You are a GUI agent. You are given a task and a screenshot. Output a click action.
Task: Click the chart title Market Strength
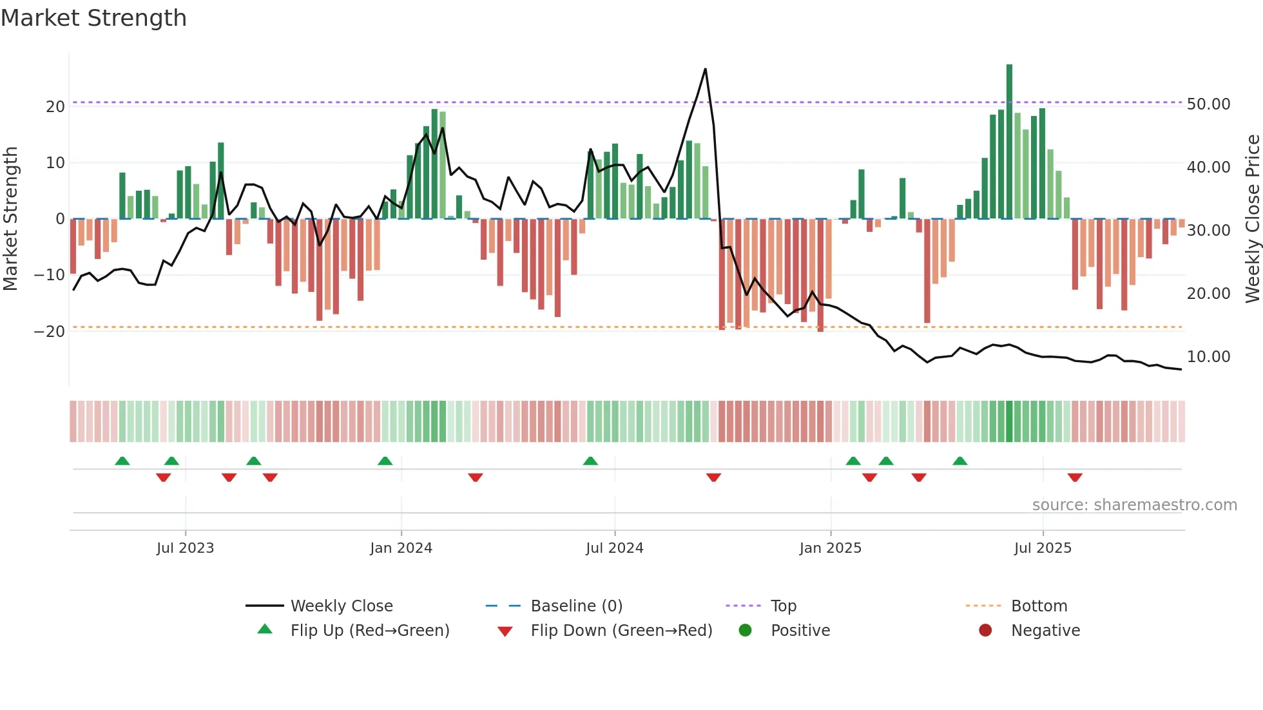coord(93,18)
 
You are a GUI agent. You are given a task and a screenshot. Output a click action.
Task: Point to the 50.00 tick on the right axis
coord(1208,104)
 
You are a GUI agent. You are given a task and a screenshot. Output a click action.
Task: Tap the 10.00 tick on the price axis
coord(1208,357)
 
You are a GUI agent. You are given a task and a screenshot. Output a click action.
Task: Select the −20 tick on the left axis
coord(50,332)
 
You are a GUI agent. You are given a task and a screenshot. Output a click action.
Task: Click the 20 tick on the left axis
coord(55,107)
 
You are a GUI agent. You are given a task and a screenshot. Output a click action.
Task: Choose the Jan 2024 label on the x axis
coord(401,548)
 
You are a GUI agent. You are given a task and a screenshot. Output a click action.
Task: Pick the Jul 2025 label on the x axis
coord(1043,548)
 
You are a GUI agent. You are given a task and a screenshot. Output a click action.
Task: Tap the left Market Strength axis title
coord(11,219)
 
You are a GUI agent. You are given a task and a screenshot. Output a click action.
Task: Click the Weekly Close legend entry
coord(342,606)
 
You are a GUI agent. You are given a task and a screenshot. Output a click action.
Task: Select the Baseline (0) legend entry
coord(576,606)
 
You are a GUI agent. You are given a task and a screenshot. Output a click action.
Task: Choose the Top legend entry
coord(784,606)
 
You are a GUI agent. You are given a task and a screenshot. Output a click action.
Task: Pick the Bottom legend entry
coord(1039,606)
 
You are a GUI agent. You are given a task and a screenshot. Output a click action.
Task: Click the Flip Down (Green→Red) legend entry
coord(621,631)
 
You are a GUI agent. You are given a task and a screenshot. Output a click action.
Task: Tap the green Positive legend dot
coord(746,631)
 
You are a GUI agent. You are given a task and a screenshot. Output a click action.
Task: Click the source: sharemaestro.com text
coord(1134,505)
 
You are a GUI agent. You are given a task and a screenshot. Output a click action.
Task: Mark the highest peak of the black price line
coord(706,69)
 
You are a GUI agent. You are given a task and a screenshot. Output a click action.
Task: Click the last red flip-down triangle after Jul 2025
coord(1075,477)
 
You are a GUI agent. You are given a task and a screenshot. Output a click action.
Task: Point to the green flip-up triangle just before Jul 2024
coord(590,461)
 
